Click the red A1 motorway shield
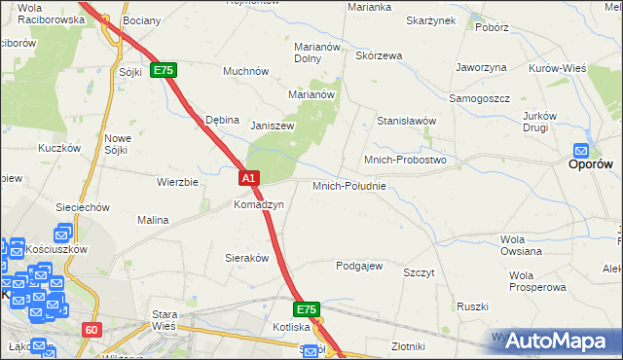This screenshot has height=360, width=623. tap(248, 178)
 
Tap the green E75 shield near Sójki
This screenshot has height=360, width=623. tap(163, 71)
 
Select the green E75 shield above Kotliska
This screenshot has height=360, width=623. tap(306, 309)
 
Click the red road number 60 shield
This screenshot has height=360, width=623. tap(91, 330)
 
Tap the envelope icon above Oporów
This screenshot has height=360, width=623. tap(581, 150)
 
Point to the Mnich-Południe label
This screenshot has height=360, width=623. tap(349, 185)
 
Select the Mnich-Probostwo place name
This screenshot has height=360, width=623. tap(404, 160)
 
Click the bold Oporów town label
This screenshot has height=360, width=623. tap(590, 165)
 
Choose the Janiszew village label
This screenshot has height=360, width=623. tap(272, 126)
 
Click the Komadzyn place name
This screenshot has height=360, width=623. tap(258, 205)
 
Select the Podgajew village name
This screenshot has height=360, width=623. tap(359, 266)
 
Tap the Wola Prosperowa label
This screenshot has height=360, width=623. tap(536, 281)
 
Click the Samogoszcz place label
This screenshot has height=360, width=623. tap(479, 98)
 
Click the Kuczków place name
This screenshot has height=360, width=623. tap(57, 148)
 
